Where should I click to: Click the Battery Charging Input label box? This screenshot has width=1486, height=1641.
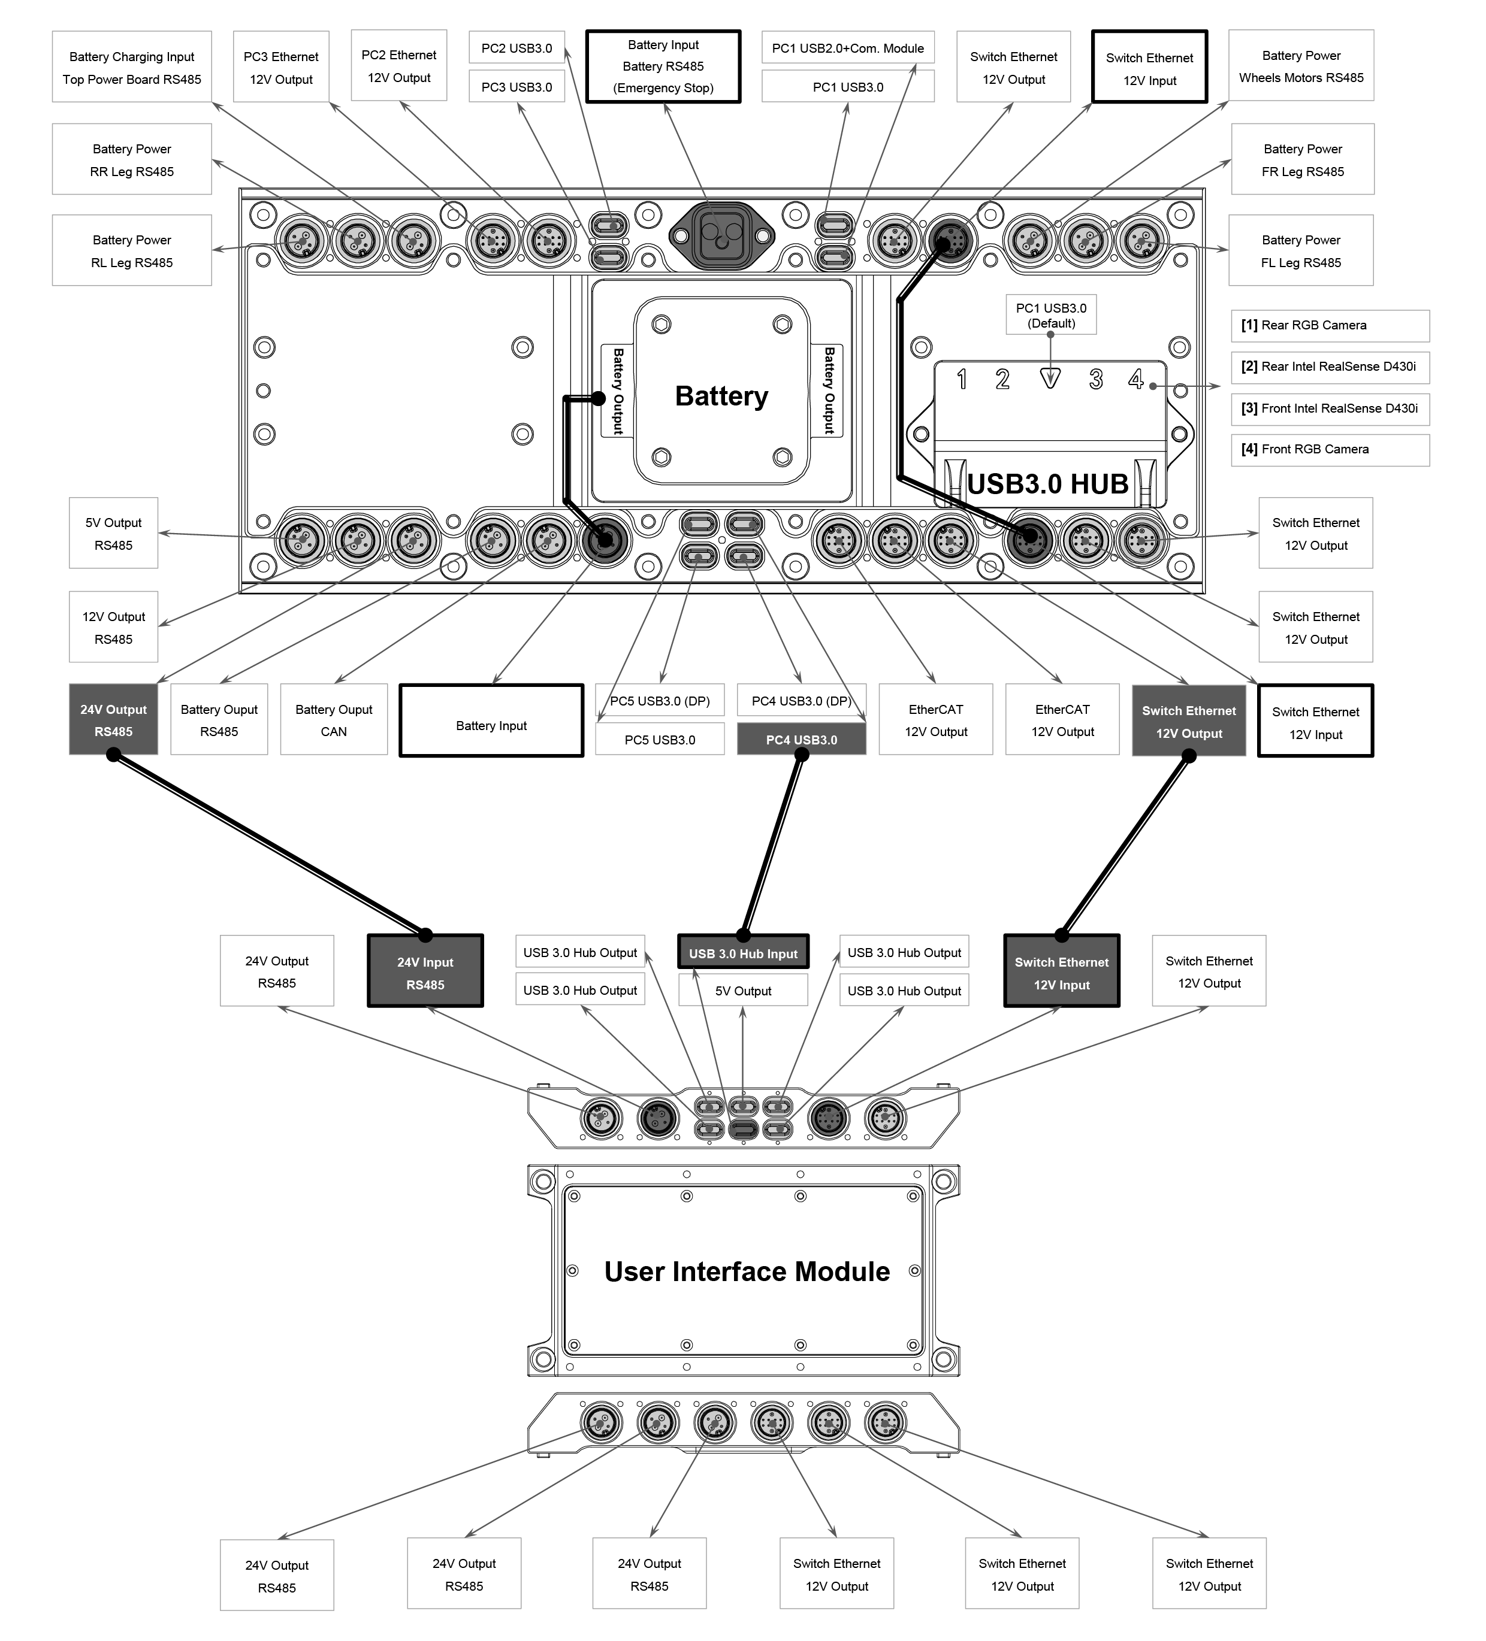click(132, 66)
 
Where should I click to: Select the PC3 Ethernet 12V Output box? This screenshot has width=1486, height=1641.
click(281, 66)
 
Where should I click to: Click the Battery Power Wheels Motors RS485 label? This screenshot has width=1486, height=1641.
click(1301, 66)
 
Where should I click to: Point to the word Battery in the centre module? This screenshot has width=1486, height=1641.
click(721, 396)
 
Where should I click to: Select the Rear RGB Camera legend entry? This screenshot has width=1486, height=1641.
click(1330, 326)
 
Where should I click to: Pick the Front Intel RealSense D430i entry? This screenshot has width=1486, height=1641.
click(1330, 408)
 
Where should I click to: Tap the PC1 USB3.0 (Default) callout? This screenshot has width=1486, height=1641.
click(1051, 315)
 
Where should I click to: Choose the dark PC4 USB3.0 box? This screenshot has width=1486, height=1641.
click(801, 740)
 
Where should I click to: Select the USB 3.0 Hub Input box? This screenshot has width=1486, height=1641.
click(744, 952)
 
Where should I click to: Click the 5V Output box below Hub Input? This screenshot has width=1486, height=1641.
click(744, 991)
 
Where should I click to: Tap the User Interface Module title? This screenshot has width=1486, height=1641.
click(747, 1271)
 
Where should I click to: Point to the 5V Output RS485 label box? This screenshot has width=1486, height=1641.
click(113, 533)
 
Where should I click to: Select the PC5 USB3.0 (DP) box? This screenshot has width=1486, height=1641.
click(660, 701)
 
